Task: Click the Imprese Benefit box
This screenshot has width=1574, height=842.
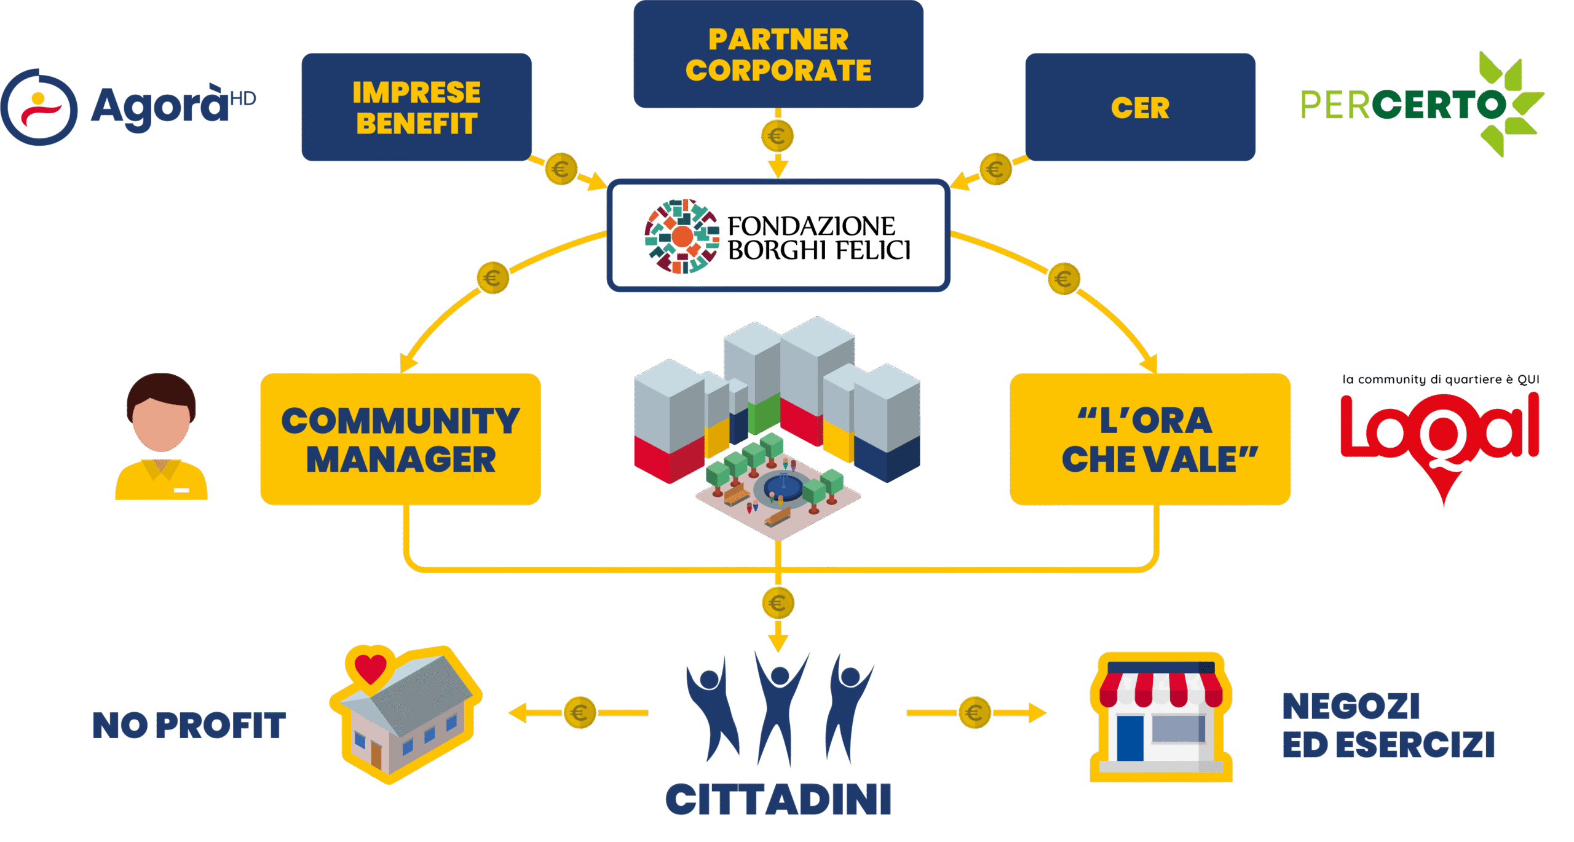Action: (416, 108)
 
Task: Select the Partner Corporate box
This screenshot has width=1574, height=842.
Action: (778, 54)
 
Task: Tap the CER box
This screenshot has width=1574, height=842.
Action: (1140, 108)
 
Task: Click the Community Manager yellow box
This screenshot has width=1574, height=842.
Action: (400, 439)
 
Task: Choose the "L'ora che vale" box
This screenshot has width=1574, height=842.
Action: (1150, 439)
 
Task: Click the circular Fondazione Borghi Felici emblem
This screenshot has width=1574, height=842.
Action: (682, 236)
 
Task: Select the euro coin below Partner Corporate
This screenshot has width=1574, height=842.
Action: (777, 136)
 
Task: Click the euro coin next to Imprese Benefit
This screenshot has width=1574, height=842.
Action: (561, 169)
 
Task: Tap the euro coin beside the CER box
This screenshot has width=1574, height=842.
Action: (995, 169)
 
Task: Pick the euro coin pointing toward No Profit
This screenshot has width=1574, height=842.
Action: (580, 713)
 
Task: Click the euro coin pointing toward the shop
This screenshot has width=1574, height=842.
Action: (975, 713)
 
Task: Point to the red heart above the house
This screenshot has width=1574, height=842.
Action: (370, 667)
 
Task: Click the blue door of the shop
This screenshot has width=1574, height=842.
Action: (1130, 737)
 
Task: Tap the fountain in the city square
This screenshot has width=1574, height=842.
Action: (783, 487)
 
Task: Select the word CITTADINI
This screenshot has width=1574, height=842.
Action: (778, 800)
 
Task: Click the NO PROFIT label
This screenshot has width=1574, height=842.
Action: (189, 725)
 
